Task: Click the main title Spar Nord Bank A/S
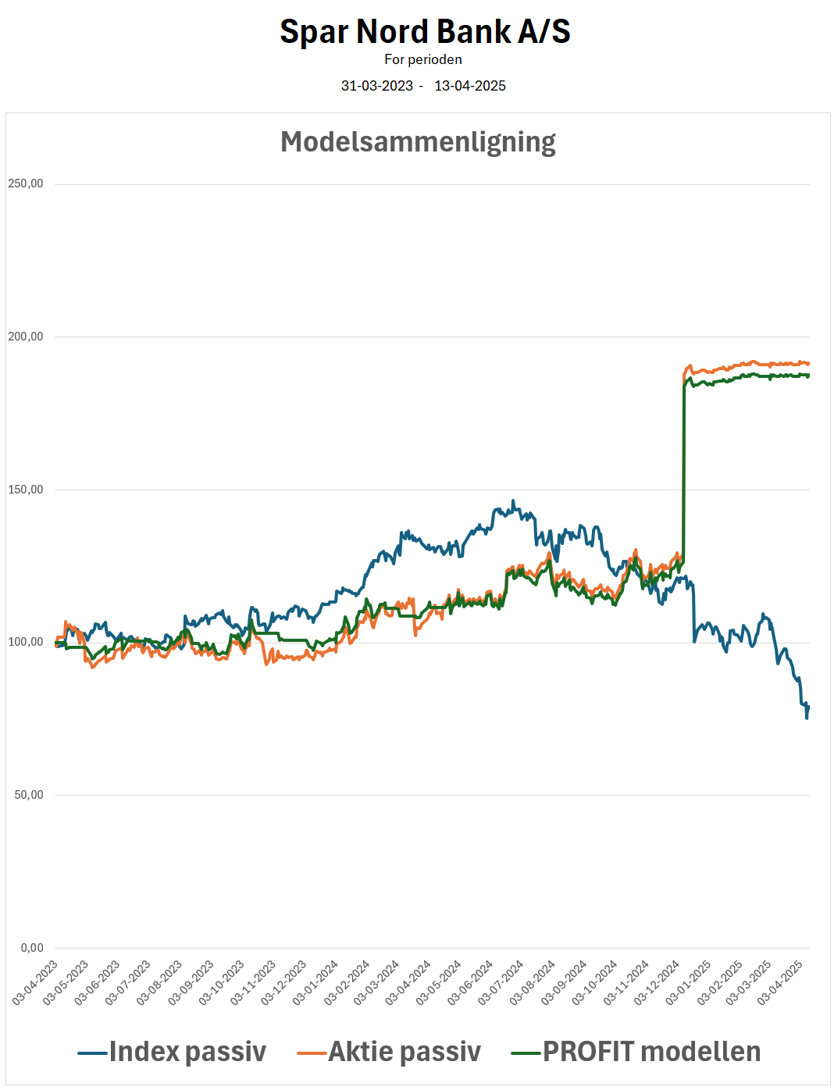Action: [x=425, y=31]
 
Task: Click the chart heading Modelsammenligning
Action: [x=418, y=143]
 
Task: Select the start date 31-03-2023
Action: [x=377, y=86]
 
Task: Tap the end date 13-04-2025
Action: [x=469, y=86]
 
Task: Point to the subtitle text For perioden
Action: [x=423, y=59]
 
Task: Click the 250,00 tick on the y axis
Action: [x=25, y=183]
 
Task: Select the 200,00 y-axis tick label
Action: [x=25, y=337]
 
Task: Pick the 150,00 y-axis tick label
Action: [x=25, y=490]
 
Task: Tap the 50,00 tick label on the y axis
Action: [x=28, y=795]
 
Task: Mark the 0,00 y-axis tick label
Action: [x=32, y=948]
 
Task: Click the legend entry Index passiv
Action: [x=172, y=1053]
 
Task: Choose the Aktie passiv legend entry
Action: [x=389, y=1053]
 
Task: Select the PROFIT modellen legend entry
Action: [x=636, y=1053]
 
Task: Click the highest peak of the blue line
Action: [x=513, y=500]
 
